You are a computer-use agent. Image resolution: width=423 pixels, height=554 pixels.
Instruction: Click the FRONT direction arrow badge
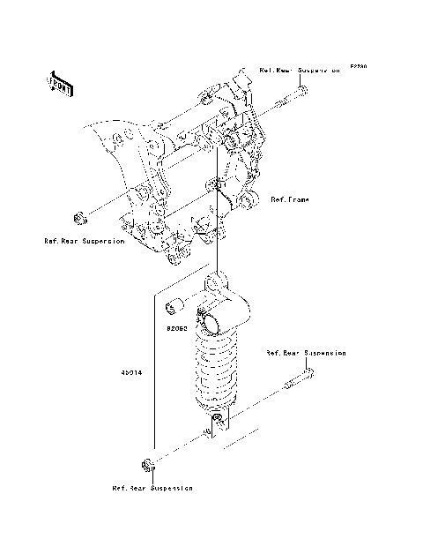point(60,82)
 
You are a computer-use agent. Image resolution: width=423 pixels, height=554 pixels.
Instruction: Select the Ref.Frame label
point(289,199)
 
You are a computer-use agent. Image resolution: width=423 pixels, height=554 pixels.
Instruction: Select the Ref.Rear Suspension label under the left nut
point(85,240)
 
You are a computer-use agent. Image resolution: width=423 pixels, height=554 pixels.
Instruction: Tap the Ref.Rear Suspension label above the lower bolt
point(306,353)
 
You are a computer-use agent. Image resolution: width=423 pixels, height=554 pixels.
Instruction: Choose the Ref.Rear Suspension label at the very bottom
point(152,487)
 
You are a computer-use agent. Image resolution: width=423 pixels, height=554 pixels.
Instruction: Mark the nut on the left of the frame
point(78,216)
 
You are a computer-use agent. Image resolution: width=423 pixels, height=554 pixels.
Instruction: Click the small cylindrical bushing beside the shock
point(174,307)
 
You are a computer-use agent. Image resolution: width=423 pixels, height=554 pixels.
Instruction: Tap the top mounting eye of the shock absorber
point(216,284)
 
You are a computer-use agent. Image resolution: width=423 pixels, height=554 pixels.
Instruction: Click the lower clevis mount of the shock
point(216,423)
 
